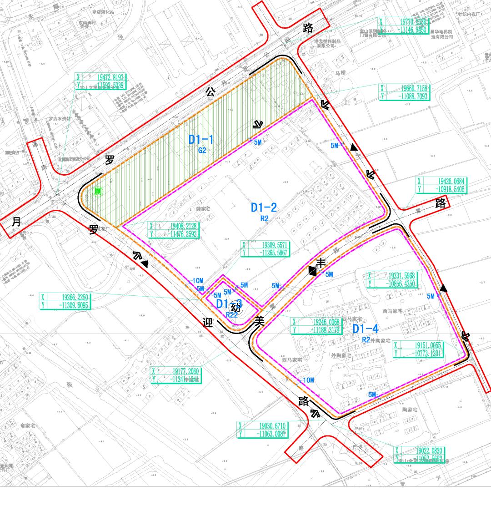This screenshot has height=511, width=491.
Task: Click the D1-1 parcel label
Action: [x=201, y=140]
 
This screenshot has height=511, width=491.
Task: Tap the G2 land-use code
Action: [x=202, y=150]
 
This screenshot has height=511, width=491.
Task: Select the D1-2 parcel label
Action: [x=264, y=208]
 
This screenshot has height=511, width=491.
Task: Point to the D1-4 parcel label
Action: [x=366, y=329]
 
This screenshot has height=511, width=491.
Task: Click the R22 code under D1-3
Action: [x=232, y=314]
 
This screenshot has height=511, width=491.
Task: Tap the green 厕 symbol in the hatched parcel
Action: [x=97, y=192]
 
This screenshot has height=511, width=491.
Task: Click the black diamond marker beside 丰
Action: [x=312, y=271]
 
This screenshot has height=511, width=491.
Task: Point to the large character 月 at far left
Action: [x=16, y=222]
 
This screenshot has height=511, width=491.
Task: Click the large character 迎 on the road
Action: [x=207, y=324]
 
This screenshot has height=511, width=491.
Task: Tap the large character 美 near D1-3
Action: [x=259, y=321]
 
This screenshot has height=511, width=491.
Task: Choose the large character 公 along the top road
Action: [x=210, y=91]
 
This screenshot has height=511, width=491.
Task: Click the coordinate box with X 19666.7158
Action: [x=404, y=92]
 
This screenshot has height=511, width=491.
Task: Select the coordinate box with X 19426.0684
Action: [x=441, y=185]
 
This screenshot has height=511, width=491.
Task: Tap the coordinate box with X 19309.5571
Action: [x=265, y=248]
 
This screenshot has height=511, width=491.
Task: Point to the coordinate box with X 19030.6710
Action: [x=262, y=430]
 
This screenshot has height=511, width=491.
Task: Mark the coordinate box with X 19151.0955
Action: [x=418, y=349]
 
